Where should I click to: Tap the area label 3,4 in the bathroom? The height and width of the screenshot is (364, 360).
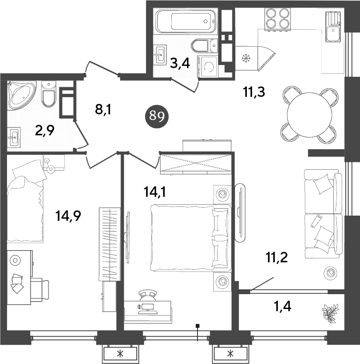[x=180, y=64]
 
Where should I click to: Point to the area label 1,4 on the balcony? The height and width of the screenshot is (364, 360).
[x=282, y=306]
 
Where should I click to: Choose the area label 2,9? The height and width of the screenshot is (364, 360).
[x=45, y=131]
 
